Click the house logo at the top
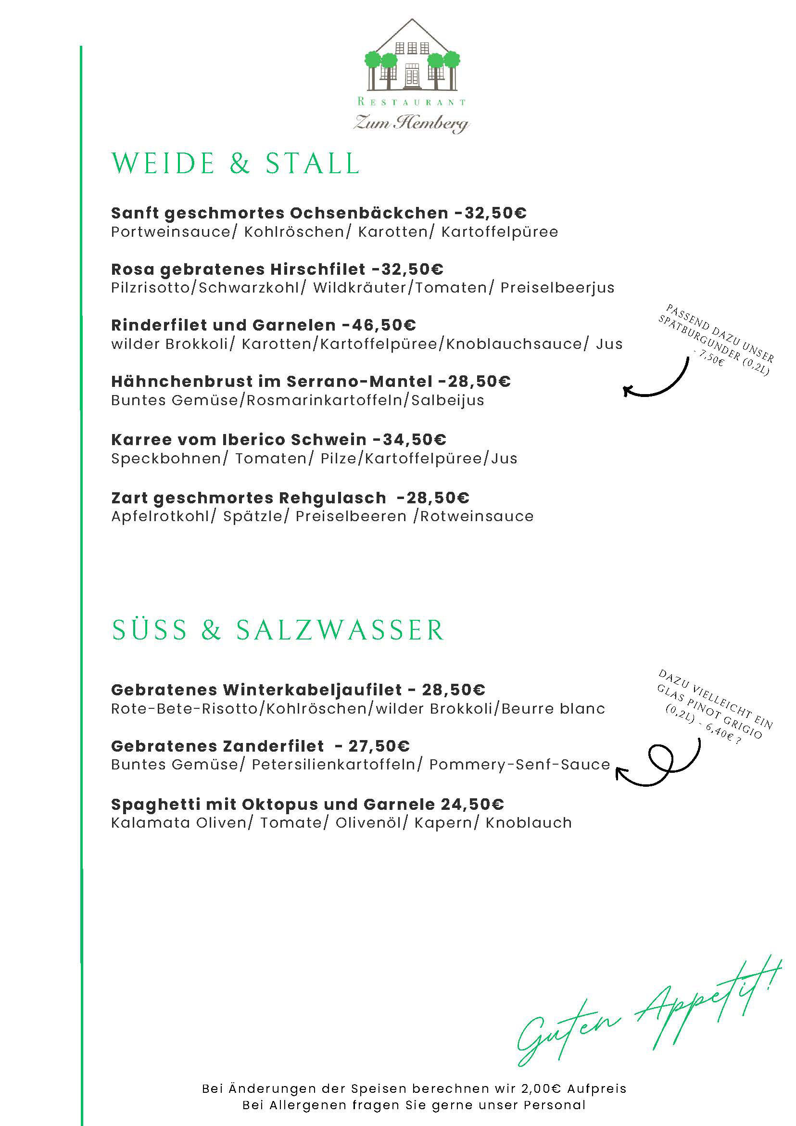(412, 56)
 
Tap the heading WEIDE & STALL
(236, 164)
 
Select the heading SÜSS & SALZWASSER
(278, 630)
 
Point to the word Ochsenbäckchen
(369, 213)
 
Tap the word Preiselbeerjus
(557, 288)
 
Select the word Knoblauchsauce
(514, 344)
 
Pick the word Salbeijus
(447, 401)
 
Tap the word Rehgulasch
(332, 498)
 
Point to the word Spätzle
(253, 516)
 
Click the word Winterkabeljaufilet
(313, 690)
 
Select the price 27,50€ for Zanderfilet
(379, 746)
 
